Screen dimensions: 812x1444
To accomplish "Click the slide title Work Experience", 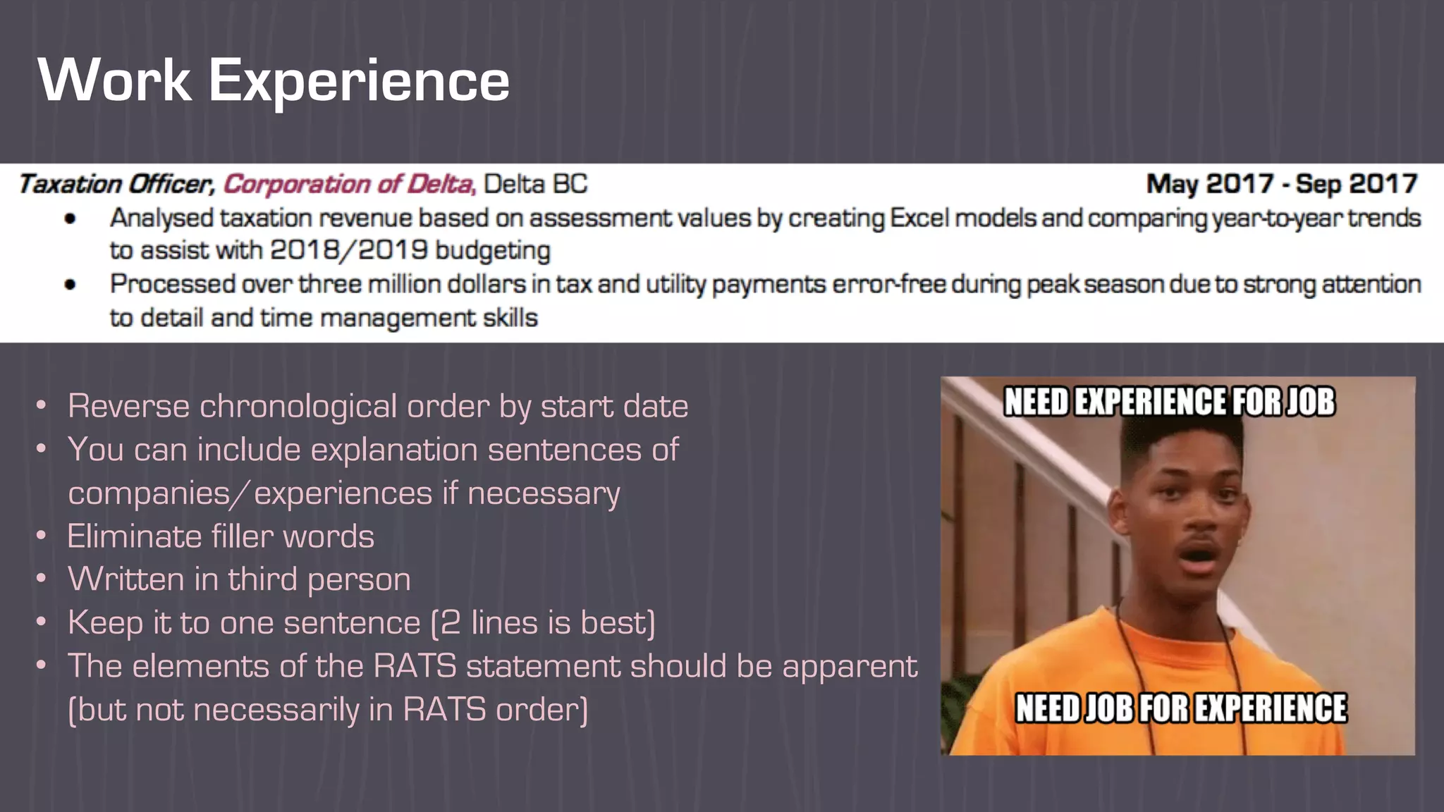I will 274,80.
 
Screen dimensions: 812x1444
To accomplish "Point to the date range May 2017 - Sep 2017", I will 1281,185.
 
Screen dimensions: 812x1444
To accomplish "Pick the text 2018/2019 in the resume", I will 349,251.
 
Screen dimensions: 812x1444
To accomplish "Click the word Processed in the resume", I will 172,285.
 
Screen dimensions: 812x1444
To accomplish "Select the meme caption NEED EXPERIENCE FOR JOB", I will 1169,402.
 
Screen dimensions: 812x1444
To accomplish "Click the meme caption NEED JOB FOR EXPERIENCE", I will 1180,708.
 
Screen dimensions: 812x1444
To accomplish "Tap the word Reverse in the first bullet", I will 128,407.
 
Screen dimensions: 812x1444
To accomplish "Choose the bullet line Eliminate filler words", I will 221,536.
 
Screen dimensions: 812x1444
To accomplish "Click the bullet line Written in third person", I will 239,579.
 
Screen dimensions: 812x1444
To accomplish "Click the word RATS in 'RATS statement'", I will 415,667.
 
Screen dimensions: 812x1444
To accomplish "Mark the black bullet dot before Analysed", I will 70,219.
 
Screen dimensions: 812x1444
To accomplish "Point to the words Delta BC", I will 535,185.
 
